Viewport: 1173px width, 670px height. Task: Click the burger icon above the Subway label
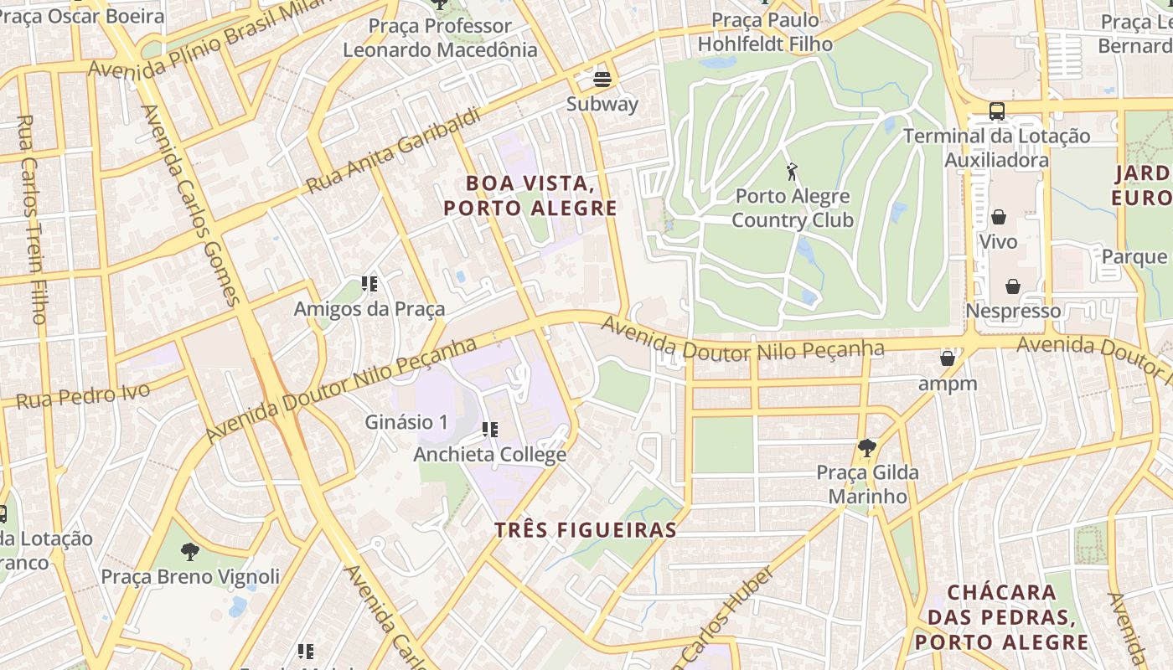click(x=602, y=80)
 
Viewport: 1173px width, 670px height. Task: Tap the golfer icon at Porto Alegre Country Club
click(x=792, y=173)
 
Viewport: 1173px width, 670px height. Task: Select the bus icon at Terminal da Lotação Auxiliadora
click(x=997, y=111)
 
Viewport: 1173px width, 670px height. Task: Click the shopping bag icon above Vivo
click(x=999, y=218)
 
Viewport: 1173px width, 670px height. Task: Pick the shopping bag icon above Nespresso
click(x=1013, y=286)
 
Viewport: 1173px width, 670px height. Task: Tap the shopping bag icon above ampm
click(x=948, y=359)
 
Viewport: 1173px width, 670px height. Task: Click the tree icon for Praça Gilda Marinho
click(x=866, y=448)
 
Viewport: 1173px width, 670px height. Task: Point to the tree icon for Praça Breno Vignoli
click(x=190, y=552)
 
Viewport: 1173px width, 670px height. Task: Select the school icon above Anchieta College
click(x=490, y=430)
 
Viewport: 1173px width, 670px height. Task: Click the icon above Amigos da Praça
click(x=369, y=285)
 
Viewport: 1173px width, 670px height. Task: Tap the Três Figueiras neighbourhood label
click(x=585, y=530)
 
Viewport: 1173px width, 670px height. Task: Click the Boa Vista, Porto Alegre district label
click(x=530, y=196)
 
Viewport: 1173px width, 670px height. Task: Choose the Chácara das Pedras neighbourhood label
click(x=1001, y=617)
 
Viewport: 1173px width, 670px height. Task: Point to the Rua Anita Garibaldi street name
click(x=394, y=151)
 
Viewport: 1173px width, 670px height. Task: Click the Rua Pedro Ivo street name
click(x=84, y=394)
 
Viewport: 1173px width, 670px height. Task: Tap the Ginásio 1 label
click(x=406, y=422)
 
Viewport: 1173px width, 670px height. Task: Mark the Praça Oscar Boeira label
click(x=82, y=16)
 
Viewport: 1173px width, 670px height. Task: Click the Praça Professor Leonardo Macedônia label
click(x=440, y=38)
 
